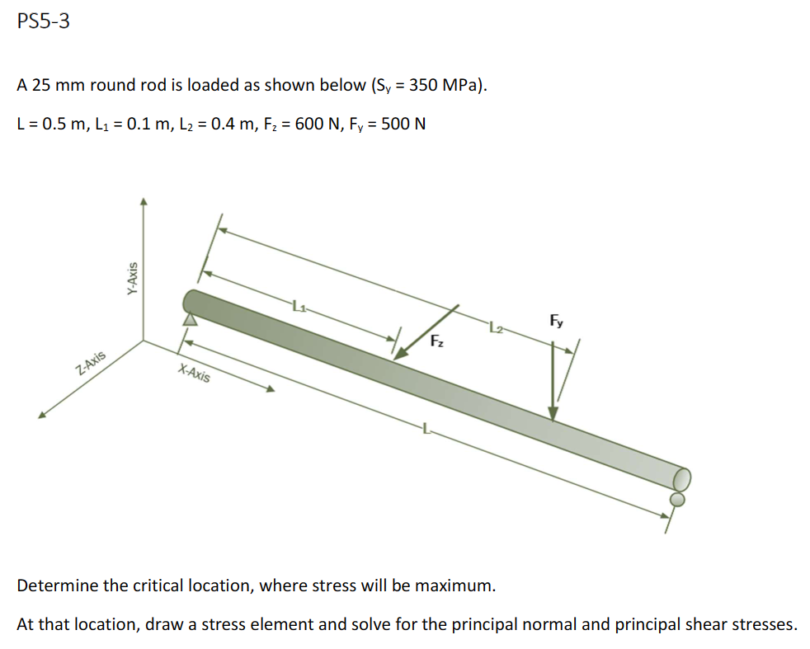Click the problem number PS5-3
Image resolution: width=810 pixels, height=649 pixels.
click(x=43, y=22)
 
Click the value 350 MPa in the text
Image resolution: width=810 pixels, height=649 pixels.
click(x=448, y=85)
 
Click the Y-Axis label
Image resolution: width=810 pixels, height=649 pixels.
click(x=131, y=279)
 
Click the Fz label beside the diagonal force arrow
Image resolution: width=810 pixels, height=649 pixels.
click(x=437, y=341)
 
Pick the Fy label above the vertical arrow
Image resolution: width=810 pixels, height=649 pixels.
click(x=557, y=322)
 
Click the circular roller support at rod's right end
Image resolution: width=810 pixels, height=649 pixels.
click(x=677, y=499)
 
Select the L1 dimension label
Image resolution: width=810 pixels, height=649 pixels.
click(x=298, y=308)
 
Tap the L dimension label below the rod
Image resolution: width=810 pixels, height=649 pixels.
click(x=426, y=427)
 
